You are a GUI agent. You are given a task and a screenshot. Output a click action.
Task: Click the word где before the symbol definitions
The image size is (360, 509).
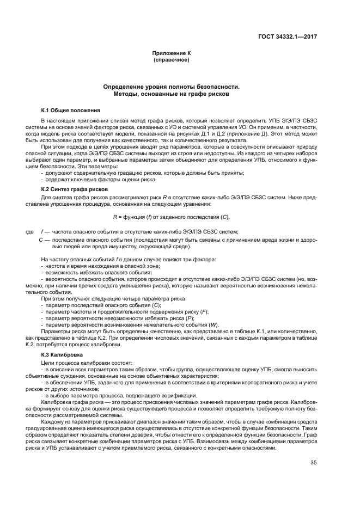pyautogui.click(x=30, y=231)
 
